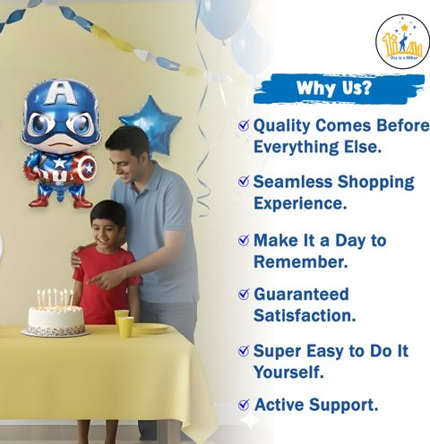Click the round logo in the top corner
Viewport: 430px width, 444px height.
(x=403, y=42)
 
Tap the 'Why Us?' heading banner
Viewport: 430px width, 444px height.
(x=339, y=89)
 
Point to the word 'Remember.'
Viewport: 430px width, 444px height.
(x=301, y=261)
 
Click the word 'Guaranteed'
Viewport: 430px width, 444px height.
(x=301, y=294)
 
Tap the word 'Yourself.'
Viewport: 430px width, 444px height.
(x=288, y=371)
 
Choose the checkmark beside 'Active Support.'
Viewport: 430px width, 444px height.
(x=244, y=405)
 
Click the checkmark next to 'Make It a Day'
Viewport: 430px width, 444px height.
(x=244, y=240)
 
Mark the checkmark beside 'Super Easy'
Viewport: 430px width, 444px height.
(x=244, y=351)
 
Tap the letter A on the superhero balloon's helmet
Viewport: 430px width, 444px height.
(x=61, y=92)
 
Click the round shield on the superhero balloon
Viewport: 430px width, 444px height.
(x=87, y=167)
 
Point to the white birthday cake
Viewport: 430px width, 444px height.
(x=56, y=320)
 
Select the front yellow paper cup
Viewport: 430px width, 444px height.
(x=125, y=327)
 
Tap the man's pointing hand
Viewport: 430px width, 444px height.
(x=101, y=280)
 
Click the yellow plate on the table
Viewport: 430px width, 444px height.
(x=150, y=329)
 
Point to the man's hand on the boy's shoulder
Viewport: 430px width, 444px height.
(x=76, y=258)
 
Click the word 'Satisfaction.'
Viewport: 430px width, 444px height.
(x=305, y=316)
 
